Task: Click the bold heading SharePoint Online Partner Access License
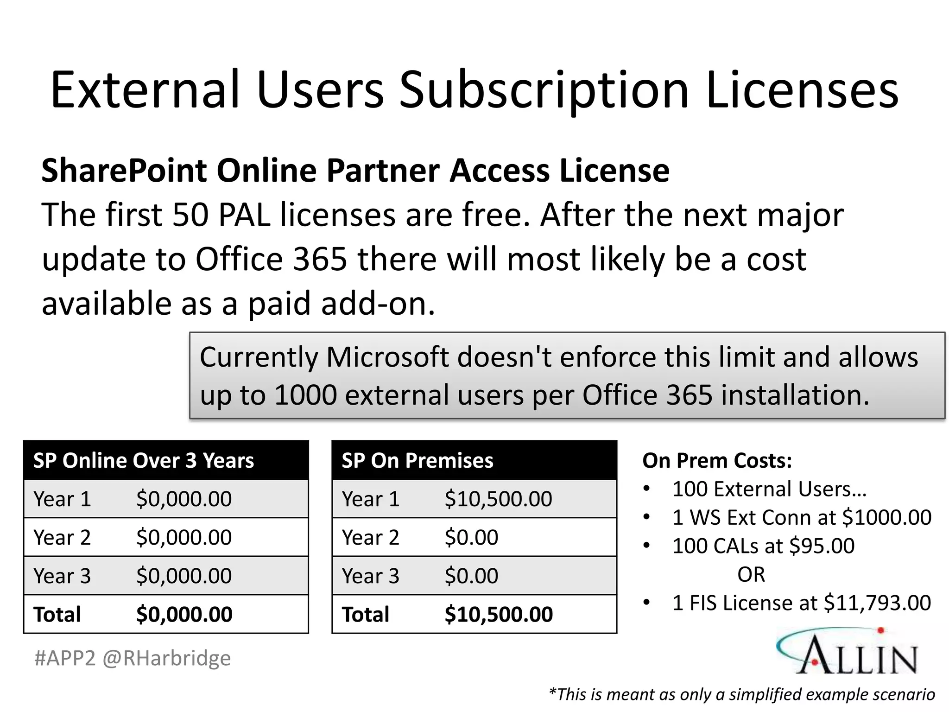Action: [x=355, y=171]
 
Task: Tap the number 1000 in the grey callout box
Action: [x=305, y=395]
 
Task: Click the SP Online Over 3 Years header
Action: [x=144, y=461]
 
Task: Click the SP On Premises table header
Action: [x=417, y=461]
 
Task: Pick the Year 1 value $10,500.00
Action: [x=498, y=499]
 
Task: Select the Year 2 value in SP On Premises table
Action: [x=471, y=538]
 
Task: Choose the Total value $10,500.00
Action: [x=499, y=615]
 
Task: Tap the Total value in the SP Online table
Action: [x=184, y=615]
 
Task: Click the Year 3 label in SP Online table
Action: [x=62, y=576]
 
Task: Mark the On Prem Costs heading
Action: [x=717, y=461]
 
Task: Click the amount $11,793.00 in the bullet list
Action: [x=877, y=603]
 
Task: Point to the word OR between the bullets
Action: [x=751, y=575]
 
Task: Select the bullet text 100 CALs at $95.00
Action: [x=763, y=546]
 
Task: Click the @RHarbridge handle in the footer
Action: [x=166, y=658]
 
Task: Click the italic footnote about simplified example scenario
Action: [x=741, y=694]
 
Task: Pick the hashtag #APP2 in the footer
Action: [x=65, y=658]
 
